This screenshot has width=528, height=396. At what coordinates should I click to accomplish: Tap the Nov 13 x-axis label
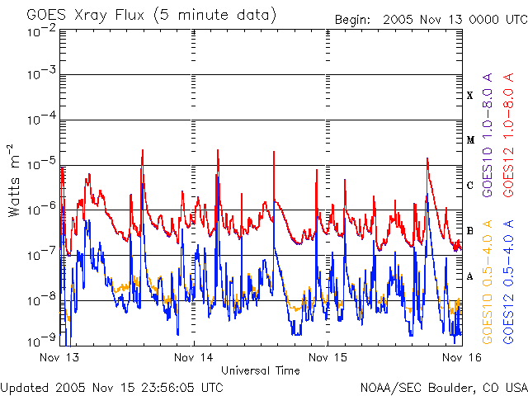59,357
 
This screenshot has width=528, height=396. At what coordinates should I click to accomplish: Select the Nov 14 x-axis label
194,357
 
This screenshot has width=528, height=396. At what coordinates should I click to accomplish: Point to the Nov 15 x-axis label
328,357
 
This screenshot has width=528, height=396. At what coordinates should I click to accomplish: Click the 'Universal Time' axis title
261,370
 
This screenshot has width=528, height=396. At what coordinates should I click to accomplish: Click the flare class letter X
469,96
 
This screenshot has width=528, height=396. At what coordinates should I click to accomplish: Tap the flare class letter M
469,140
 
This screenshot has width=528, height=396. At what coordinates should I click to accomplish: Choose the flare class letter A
469,276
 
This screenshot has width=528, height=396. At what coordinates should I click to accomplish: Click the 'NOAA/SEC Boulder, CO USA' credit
443,386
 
